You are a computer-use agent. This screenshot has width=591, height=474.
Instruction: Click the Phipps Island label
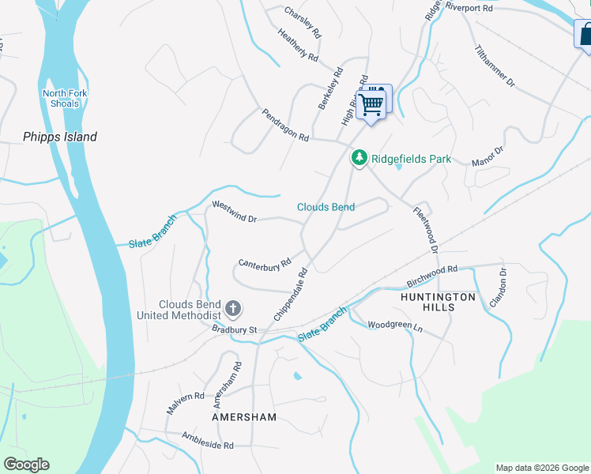(x=59, y=137)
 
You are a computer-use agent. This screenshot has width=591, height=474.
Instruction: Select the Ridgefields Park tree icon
(x=359, y=159)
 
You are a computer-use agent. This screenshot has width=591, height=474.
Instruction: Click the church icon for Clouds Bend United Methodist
(x=233, y=307)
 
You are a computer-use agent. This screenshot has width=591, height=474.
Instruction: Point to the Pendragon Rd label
(x=285, y=125)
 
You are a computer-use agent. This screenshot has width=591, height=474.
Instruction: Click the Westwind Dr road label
(x=235, y=211)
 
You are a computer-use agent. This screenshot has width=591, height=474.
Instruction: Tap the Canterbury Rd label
(x=265, y=263)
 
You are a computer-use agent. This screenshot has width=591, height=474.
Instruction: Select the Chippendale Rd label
(x=290, y=294)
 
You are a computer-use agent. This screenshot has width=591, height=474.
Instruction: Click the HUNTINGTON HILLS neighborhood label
(x=438, y=302)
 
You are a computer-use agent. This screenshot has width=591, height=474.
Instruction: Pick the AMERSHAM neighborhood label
(x=244, y=416)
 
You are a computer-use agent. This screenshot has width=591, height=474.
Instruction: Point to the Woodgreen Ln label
(x=396, y=325)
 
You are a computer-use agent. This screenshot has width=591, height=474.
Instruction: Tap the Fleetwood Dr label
(x=426, y=230)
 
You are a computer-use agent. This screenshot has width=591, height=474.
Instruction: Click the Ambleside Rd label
(x=208, y=440)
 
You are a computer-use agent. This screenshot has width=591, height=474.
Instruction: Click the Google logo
(x=26, y=465)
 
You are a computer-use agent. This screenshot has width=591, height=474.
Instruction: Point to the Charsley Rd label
(x=303, y=24)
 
